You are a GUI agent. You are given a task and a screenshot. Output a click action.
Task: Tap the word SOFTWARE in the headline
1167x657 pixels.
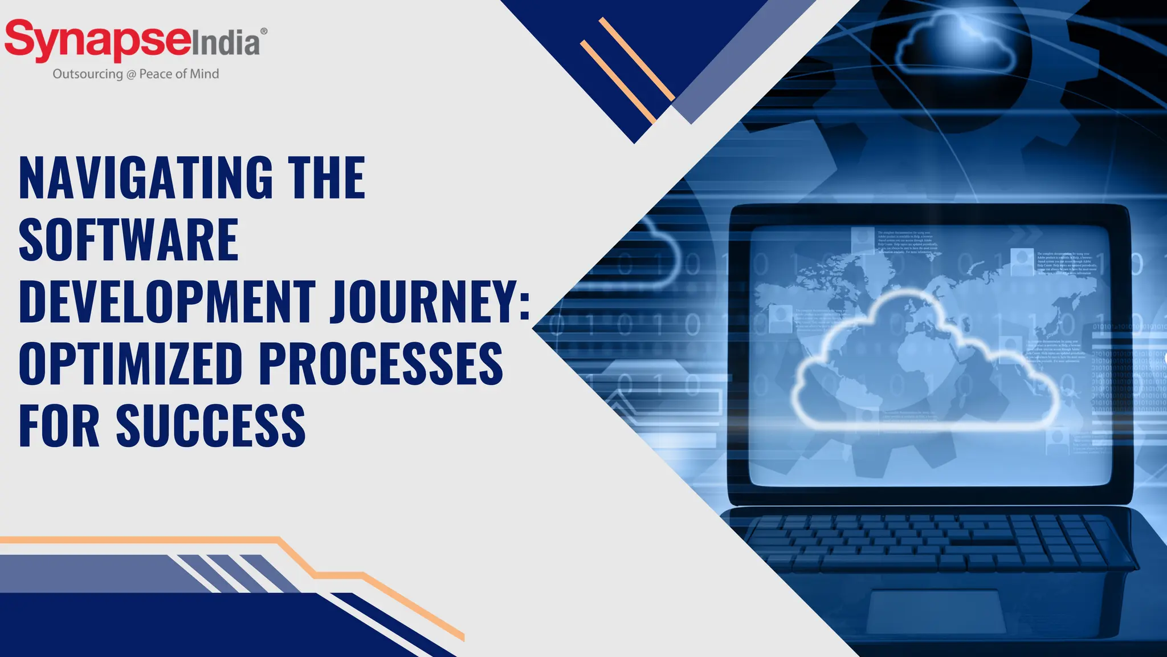129,240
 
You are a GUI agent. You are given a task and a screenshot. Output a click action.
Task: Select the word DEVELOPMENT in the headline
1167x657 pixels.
167,302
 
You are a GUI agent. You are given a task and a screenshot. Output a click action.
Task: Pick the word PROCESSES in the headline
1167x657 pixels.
381,364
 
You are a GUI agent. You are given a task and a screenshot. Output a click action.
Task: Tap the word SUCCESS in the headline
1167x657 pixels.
211,425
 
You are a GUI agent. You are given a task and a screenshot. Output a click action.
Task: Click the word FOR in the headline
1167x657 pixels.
59,425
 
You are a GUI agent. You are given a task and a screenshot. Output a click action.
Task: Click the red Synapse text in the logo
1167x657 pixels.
97,40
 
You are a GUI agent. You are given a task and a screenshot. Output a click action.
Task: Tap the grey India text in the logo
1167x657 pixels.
225,43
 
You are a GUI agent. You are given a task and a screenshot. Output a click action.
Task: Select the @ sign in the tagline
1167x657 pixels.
131,74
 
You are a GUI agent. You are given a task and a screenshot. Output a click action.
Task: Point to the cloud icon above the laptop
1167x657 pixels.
955,48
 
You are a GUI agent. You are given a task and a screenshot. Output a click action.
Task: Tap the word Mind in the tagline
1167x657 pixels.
205,74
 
